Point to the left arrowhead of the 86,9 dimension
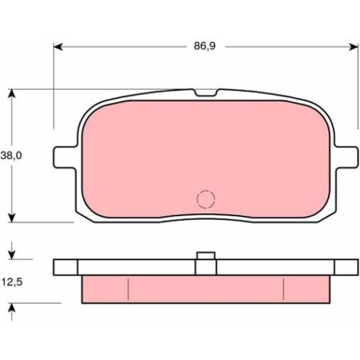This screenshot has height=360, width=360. [x=59, y=44]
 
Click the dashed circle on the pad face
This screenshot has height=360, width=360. [x=204, y=198]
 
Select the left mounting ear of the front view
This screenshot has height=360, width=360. [x=62, y=154]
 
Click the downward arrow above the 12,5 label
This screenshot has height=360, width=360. [x=13, y=252]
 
